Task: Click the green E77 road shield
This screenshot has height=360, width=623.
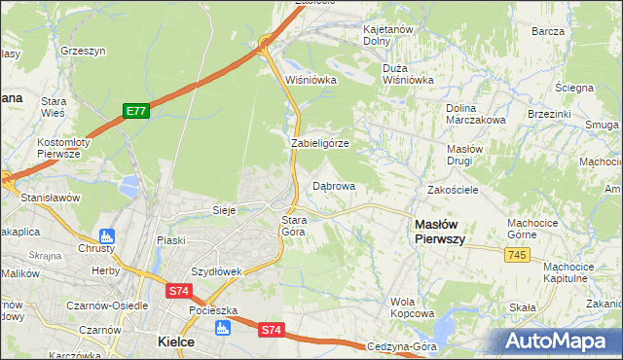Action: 135,112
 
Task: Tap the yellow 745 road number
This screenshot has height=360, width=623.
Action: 517,254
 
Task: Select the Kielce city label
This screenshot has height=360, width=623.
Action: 176,342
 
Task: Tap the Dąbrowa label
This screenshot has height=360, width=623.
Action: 334,185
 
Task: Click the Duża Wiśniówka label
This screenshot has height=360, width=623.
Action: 408,74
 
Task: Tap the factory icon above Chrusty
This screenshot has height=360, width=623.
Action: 107,235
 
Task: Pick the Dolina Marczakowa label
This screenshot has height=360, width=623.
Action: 475,114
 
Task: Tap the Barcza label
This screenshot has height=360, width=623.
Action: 548,31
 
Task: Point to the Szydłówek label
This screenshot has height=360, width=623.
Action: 215,271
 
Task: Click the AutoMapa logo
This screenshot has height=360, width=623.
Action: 559,341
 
